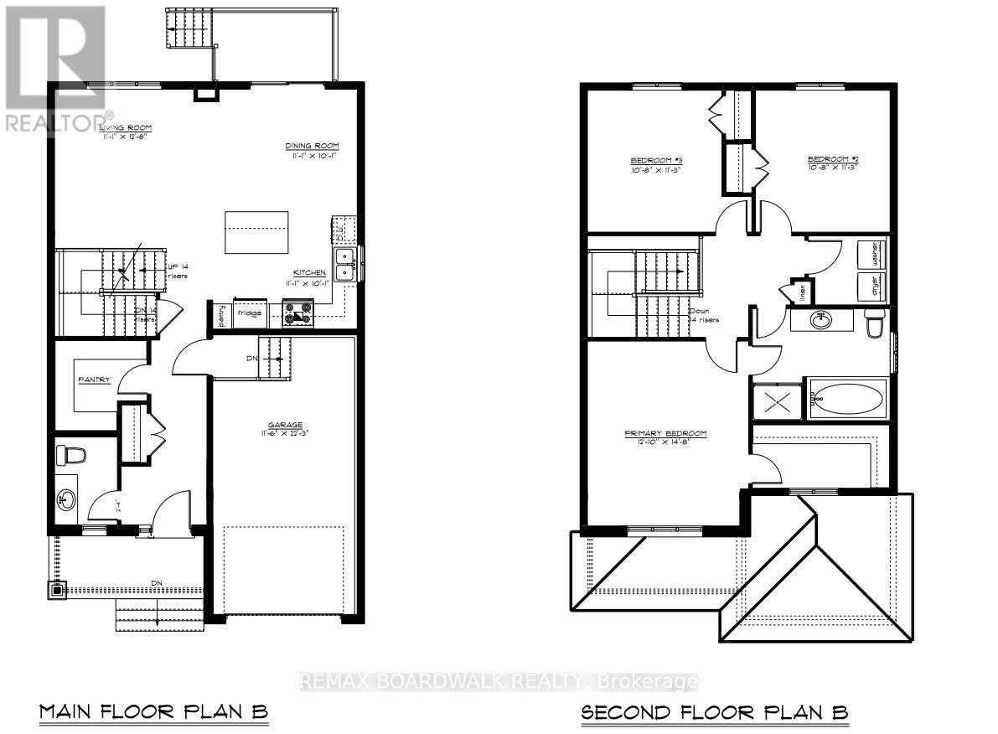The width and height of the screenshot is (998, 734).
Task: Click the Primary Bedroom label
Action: (665, 434)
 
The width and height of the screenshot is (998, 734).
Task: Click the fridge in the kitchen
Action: (249, 313)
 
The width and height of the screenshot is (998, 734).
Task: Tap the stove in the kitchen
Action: (297, 313)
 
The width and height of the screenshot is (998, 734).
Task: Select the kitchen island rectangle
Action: (256, 231)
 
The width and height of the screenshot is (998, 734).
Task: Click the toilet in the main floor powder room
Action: (71, 456)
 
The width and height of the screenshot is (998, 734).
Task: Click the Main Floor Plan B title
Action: (153, 712)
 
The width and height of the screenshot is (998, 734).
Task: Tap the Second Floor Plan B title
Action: (715, 712)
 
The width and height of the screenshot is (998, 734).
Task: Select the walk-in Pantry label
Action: (95, 380)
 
